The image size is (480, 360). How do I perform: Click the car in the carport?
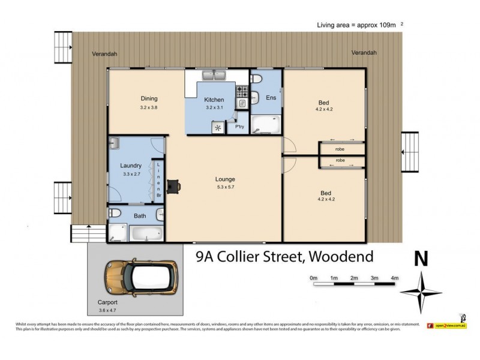pos(141,277)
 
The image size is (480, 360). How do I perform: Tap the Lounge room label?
pos(225,179)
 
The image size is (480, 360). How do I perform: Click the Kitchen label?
pos(214,100)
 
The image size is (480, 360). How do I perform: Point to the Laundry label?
pos(130,166)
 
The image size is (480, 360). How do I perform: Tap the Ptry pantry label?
pos(239,127)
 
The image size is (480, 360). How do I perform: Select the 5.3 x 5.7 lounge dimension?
pos(225,187)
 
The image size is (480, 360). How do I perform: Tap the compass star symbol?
pos(421,292)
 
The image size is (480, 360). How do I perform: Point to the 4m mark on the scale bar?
pos(394,278)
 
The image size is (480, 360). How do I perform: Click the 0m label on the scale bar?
pos(313,278)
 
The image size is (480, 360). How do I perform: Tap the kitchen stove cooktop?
pos(242,92)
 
